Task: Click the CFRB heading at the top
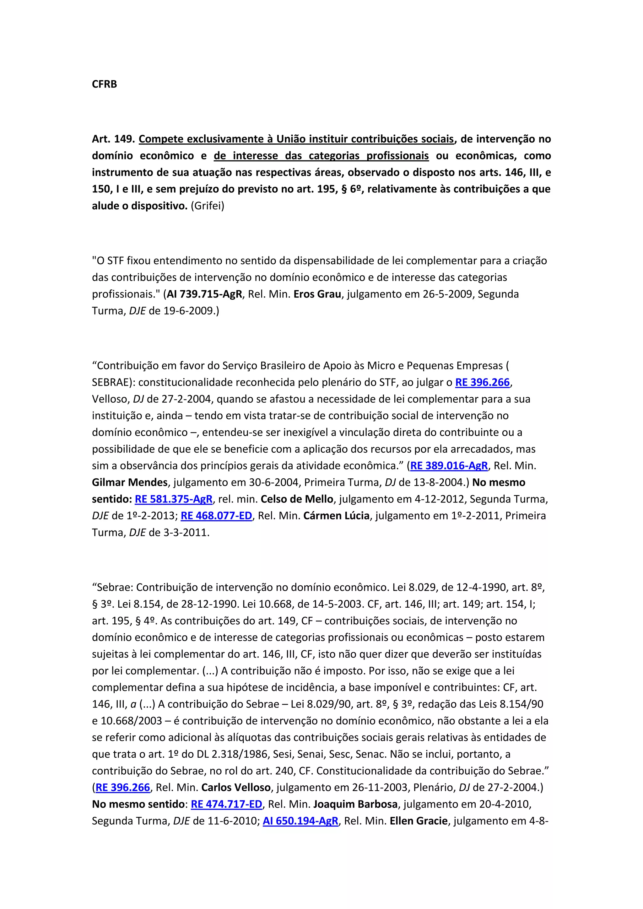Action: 104,84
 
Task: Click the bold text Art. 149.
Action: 113,139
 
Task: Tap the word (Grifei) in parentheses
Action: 208,206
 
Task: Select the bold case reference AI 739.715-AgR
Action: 204,294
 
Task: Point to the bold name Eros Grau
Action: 317,294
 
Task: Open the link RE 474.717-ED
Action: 226,804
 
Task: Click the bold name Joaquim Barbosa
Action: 355,804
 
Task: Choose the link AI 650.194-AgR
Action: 300,821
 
